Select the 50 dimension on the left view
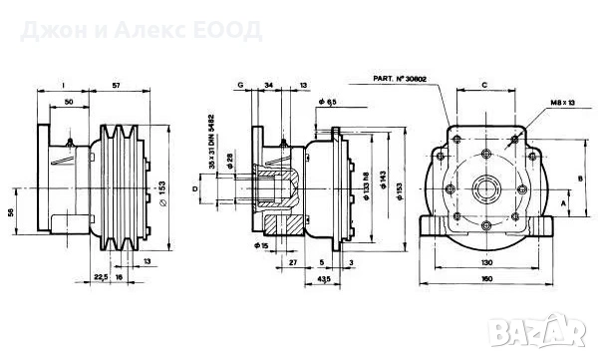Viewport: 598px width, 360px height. [x=69, y=103]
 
